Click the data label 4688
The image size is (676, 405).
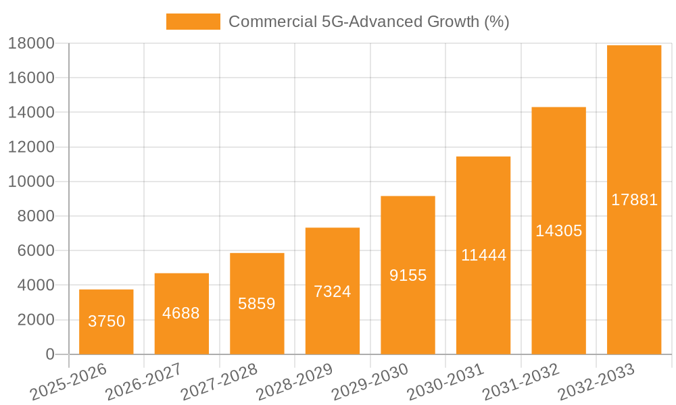[x=181, y=313]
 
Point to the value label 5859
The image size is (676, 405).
[x=257, y=304]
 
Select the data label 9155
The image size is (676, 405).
[x=408, y=275]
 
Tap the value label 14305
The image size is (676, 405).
[x=558, y=231]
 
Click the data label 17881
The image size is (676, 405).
[x=634, y=200]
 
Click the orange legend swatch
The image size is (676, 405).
[x=193, y=22]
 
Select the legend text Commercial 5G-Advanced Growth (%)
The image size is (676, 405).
[x=368, y=22]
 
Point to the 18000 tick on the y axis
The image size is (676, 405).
[x=31, y=44]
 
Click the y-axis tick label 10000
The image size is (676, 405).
[x=31, y=182]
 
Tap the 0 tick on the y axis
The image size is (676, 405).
[x=49, y=354]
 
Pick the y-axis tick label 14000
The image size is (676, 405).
[x=31, y=113]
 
